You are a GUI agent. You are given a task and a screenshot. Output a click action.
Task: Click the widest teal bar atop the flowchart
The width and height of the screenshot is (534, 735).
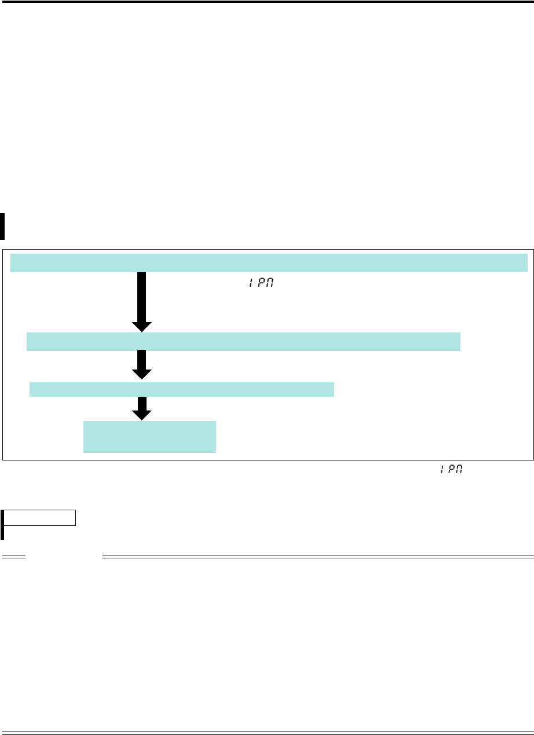(x=269, y=262)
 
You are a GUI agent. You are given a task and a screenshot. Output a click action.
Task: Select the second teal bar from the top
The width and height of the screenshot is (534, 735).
(x=243, y=342)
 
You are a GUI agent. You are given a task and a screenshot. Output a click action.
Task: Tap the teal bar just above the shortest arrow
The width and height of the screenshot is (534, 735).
(x=182, y=389)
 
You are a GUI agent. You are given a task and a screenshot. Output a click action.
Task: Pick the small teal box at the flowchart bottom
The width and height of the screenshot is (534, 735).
(x=149, y=437)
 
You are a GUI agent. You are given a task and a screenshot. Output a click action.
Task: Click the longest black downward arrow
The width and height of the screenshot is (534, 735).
(x=141, y=298)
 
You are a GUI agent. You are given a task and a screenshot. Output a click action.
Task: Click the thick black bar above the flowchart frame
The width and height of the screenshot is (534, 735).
(x=2, y=226)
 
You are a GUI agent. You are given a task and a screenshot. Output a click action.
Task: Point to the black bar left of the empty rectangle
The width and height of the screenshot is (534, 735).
(x=2, y=524)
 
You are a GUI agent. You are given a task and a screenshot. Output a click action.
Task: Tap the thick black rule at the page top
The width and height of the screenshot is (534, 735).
(x=267, y=2)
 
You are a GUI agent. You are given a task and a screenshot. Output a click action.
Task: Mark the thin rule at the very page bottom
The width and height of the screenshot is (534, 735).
(x=267, y=732)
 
